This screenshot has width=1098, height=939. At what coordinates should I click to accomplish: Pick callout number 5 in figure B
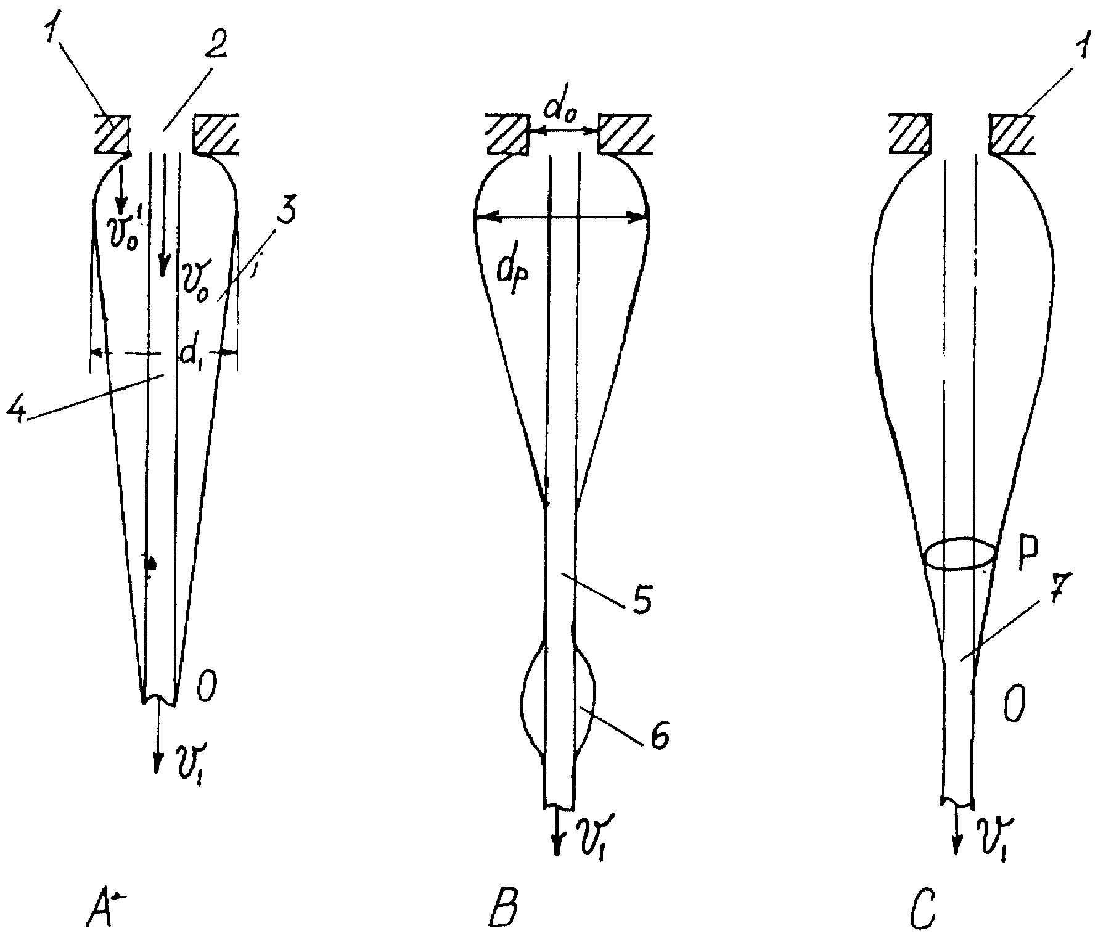tap(641, 594)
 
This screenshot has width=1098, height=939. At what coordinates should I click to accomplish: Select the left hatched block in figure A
tap(112, 133)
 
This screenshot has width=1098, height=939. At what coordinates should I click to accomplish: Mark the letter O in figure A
tap(206, 687)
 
